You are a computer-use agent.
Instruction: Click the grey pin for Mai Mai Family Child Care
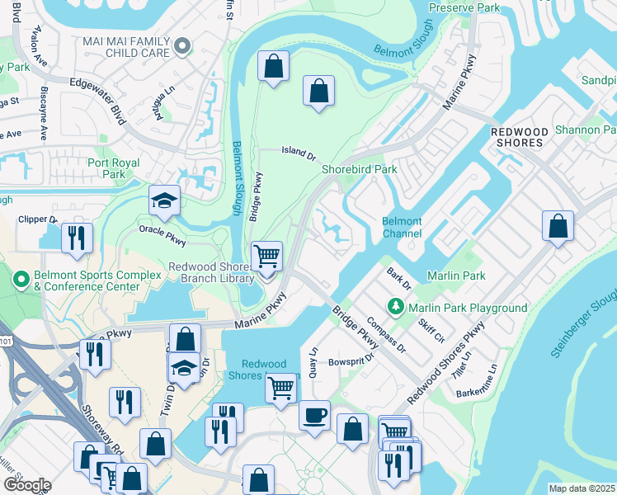(185, 46)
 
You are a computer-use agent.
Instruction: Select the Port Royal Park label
(118, 168)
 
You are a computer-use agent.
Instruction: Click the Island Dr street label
(299, 153)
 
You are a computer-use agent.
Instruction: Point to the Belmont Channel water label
(402, 228)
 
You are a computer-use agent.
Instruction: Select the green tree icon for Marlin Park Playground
(397, 308)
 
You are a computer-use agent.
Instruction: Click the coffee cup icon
(314, 415)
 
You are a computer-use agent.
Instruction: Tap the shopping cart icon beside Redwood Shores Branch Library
(266, 257)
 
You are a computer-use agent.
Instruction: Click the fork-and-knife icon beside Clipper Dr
(77, 238)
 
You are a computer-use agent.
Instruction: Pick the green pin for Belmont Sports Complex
(19, 280)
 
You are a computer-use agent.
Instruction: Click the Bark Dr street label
(399, 278)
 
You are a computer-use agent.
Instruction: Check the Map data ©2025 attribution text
(582, 488)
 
